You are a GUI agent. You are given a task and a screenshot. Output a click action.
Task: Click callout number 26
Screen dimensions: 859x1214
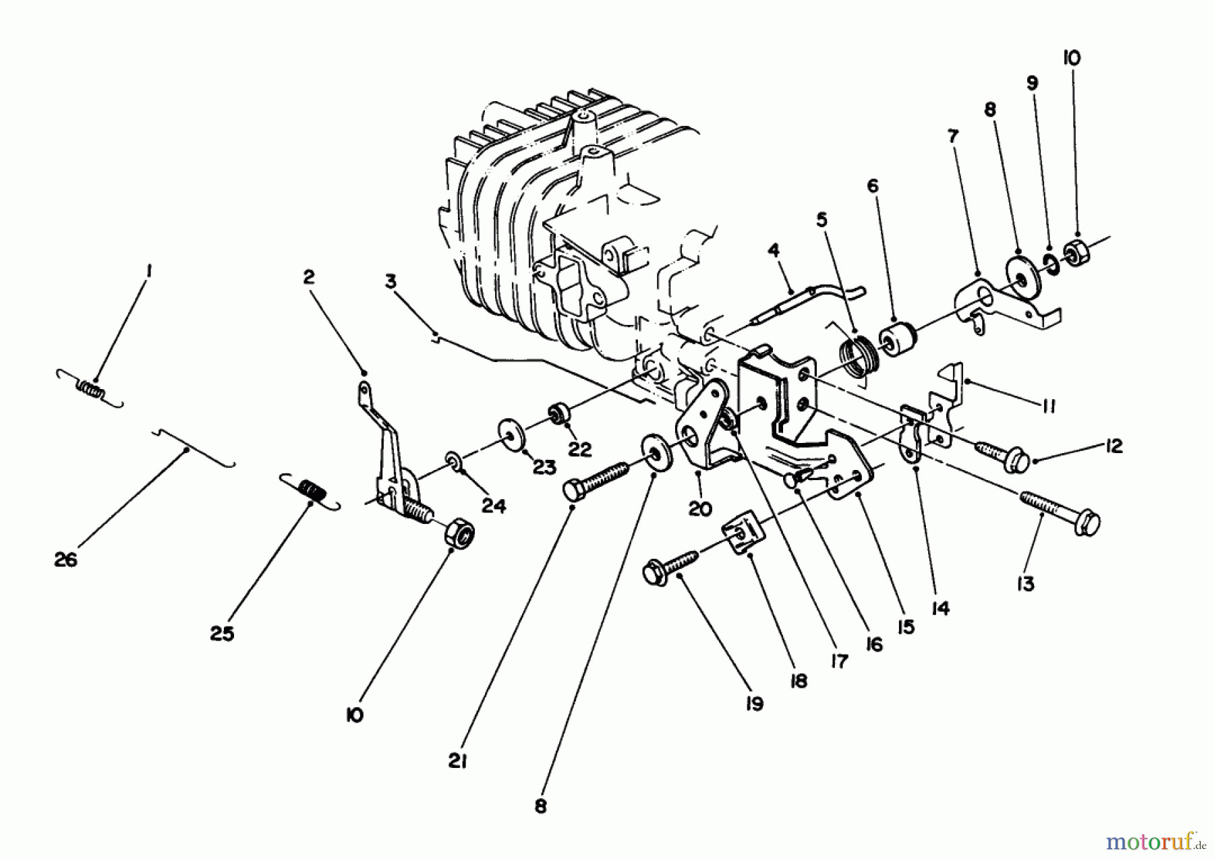point(66,559)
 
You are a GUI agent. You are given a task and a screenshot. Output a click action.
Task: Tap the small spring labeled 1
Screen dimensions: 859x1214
point(90,389)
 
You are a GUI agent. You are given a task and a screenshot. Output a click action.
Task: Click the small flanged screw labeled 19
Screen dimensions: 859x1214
point(670,565)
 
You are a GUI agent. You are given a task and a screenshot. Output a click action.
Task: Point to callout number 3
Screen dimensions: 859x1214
point(391,280)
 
